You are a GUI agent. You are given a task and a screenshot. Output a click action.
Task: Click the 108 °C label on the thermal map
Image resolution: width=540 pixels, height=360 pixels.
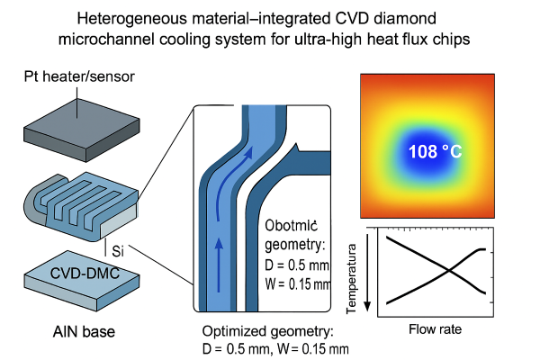pos(436,151)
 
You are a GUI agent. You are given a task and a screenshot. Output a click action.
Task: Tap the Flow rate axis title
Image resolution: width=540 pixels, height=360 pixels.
pos(436,329)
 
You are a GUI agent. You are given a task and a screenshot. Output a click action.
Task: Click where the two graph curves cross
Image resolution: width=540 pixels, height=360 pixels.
pos(441,269)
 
